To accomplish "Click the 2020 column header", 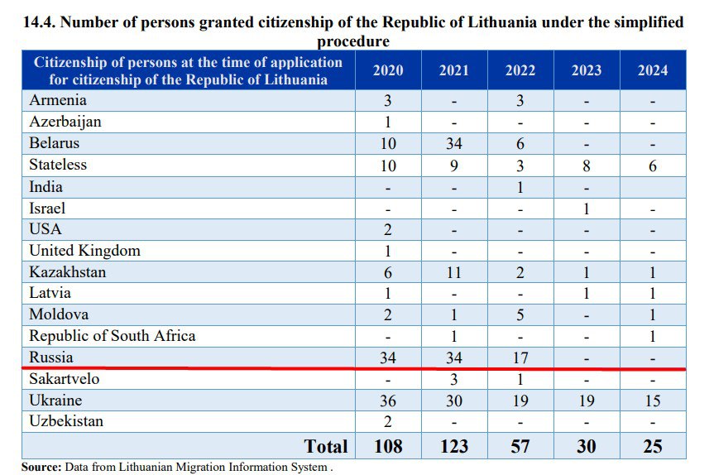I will tap(388, 70).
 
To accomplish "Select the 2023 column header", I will tap(587, 70).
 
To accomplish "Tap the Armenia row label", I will tap(58, 101).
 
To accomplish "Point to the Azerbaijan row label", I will tap(65, 122).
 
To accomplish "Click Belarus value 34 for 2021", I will tap(453, 144).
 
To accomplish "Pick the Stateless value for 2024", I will tap(652, 166).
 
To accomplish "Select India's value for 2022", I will tap(520, 187).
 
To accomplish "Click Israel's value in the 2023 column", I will tap(587, 209).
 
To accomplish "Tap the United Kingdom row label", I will tap(84, 251).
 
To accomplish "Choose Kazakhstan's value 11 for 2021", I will tap(453, 272).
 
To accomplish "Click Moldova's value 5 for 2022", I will tap(520, 315).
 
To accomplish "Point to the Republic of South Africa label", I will tap(113, 336).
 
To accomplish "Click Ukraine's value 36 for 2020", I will tap(388, 401).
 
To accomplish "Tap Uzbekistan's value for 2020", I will tap(388, 422).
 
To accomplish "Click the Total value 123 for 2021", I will tap(453, 446).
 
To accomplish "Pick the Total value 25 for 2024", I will tap(652, 446).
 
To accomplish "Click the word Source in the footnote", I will tap(41, 468).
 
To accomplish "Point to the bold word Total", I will tap(326, 446).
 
